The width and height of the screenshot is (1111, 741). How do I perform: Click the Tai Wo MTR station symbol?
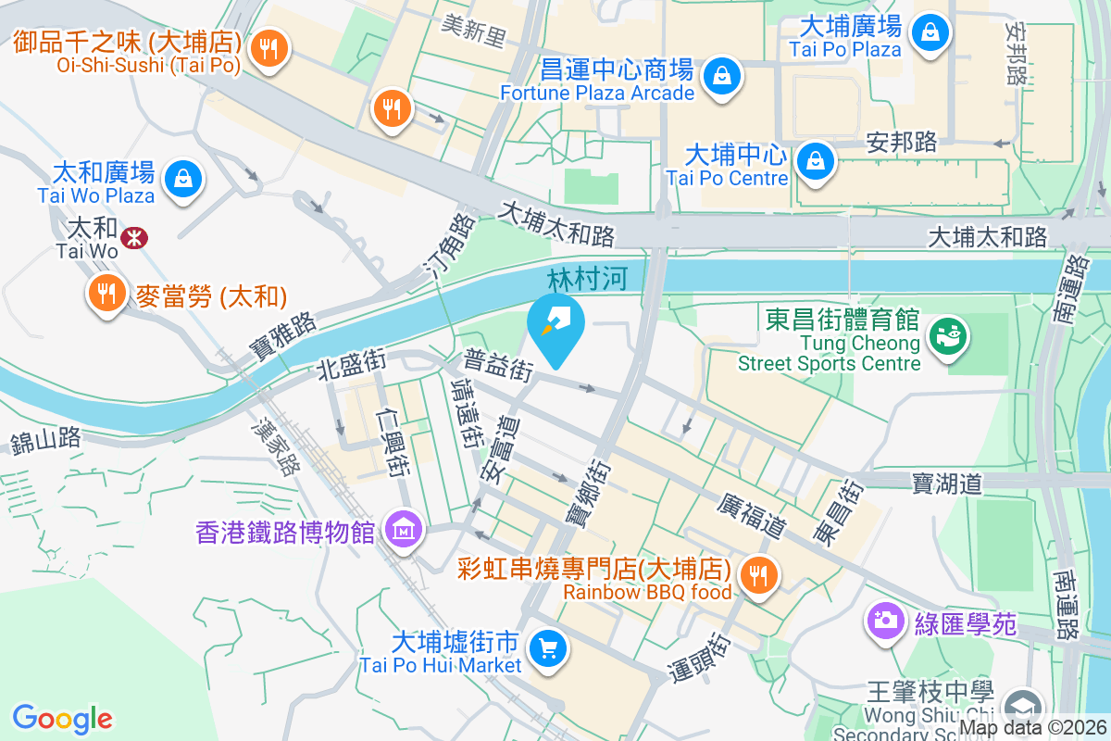click(x=135, y=237)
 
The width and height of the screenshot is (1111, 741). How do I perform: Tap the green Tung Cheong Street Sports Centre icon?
click(x=947, y=334)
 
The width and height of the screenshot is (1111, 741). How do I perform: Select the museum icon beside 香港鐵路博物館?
click(x=405, y=531)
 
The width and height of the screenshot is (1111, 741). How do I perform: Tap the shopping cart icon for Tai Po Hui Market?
click(x=547, y=647)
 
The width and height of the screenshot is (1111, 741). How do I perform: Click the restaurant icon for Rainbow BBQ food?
click(x=759, y=576)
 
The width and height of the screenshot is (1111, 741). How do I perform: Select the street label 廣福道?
click(x=751, y=515)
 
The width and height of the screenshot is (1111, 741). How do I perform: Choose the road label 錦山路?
click(x=47, y=440)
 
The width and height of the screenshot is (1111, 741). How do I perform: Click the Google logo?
click(x=62, y=718)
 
